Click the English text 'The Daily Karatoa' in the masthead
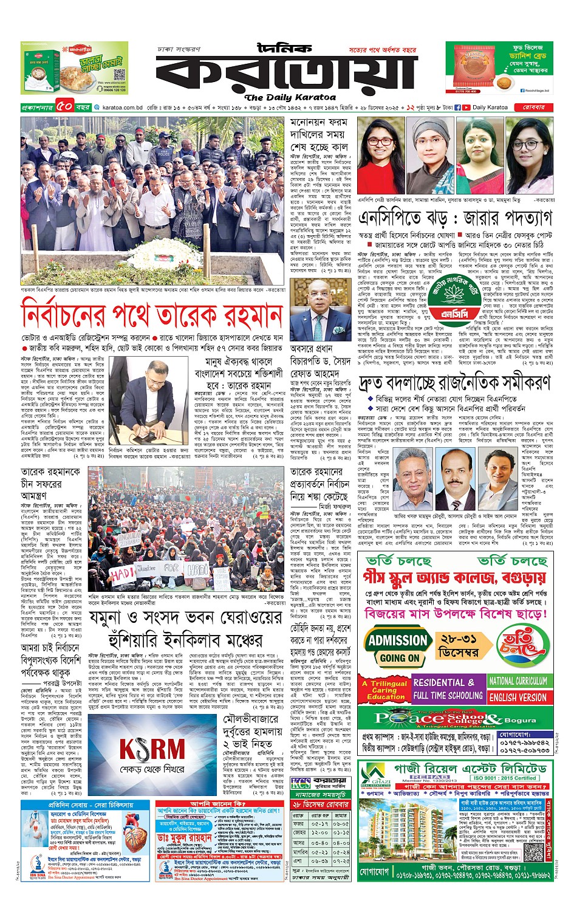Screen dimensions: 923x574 290,97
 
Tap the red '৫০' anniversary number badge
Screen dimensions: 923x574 64,107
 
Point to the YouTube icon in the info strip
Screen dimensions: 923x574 466,108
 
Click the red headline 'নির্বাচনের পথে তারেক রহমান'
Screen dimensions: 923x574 152,316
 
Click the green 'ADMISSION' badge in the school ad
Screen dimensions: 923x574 398,640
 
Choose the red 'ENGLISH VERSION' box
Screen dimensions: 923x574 518,697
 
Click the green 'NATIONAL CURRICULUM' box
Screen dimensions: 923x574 518,681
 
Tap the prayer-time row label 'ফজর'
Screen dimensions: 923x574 299,824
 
